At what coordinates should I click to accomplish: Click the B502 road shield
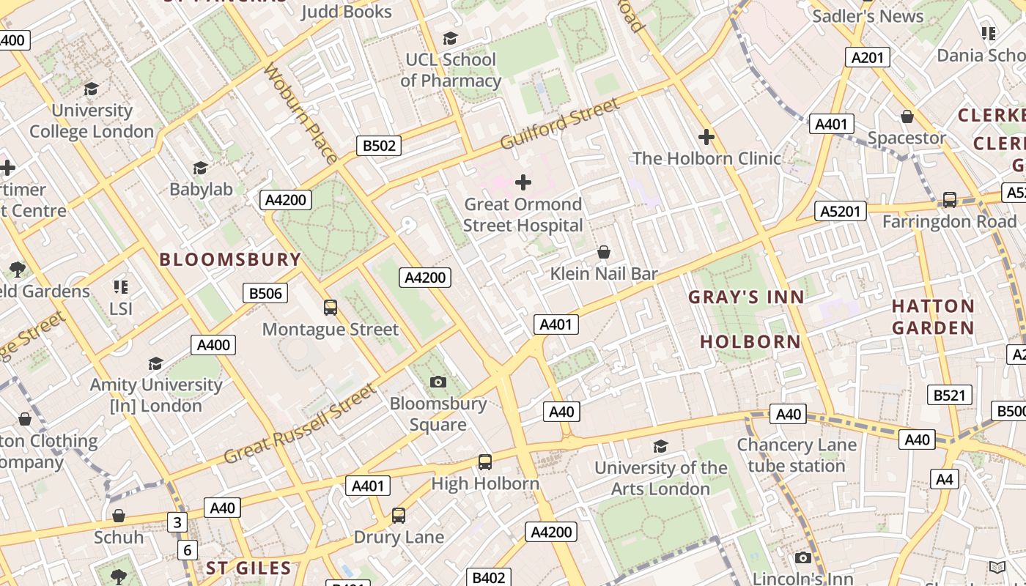(379, 146)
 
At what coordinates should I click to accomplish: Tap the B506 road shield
(265, 294)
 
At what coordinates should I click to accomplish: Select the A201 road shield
(867, 58)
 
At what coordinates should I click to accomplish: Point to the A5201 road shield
(841, 212)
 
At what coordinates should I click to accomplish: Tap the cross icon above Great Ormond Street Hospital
(523, 182)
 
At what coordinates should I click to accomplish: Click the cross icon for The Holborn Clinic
(706, 137)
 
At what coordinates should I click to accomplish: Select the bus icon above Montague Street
(331, 308)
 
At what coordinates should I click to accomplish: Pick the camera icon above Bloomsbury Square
(438, 382)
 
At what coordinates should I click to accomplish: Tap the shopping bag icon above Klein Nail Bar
(604, 253)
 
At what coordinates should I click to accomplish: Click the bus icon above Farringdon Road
(949, 199)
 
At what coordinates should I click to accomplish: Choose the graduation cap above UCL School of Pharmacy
(451, 38)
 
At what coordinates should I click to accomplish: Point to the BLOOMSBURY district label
(230, 259)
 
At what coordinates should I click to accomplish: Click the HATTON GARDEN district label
(933, 316)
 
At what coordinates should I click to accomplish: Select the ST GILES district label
(248, 568)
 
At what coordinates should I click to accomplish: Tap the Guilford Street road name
(560, 123)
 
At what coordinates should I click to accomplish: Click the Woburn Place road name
(300, 113)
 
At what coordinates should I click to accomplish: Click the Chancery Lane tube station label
(796, 455)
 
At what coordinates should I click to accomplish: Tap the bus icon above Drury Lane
(398, 516)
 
